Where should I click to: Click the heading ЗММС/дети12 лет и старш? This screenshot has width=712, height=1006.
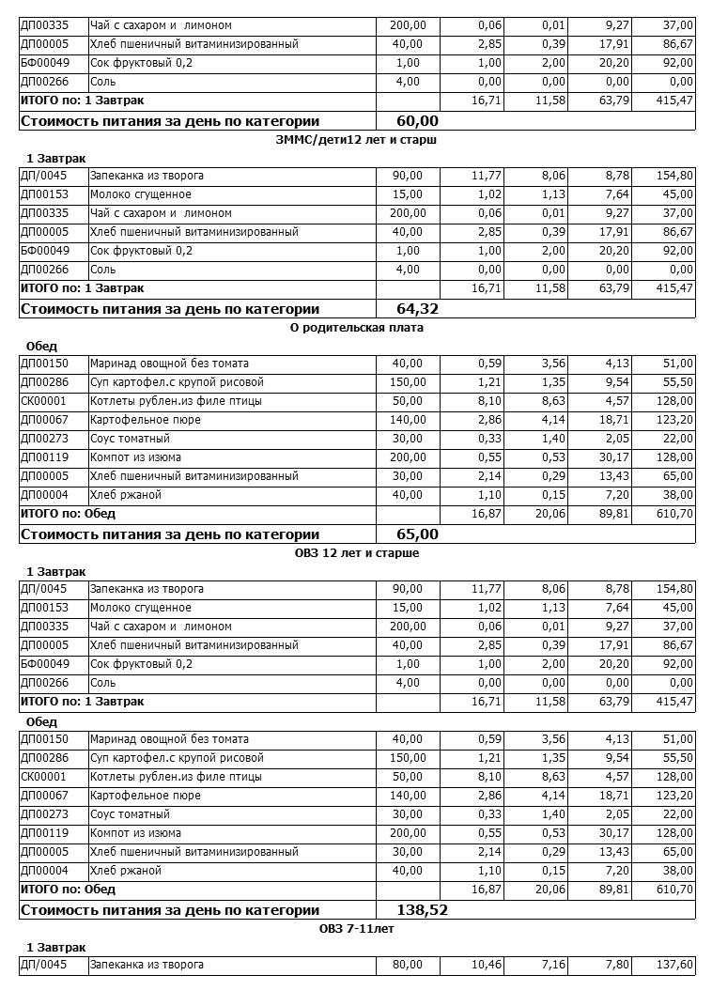pyautogui.click(x=357, y=139)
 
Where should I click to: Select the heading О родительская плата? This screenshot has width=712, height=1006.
pyautogui.click(x=357, y=328)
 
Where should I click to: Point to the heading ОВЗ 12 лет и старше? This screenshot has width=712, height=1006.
pyautogui.click(x=357, y=553)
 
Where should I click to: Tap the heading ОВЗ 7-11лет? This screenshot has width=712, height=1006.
pyautogui.click(x=357, y=929)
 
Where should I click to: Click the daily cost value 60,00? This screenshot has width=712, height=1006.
pyautogui.click(x=418, y=121)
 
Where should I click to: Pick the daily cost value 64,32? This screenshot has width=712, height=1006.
pyautogui.click(x=418, y=309)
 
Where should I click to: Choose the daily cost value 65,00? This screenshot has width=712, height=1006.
pyautogui.click(x=418, y=534)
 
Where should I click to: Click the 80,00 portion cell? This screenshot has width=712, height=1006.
pyautogui.click(x=407, y=965)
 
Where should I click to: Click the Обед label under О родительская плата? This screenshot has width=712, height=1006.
pyautogui.click(x=41, y=346)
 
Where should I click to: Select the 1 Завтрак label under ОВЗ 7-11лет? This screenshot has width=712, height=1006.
pyautogui.click(x=55, y=947)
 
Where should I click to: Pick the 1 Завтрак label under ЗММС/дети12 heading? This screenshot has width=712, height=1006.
pyautogui.click(x=55, y=158)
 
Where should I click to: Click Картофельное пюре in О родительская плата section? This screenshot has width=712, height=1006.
pyautogui.click(x=132, y=420)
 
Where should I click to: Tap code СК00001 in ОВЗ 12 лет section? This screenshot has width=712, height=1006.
pyautogui.click(x=43, y=777)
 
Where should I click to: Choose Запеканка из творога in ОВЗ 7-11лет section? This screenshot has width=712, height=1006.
pyautogui.click(x=147, y=965)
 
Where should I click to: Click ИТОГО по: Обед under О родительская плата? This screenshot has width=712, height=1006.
pyautogui.click(x=68, y=514)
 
